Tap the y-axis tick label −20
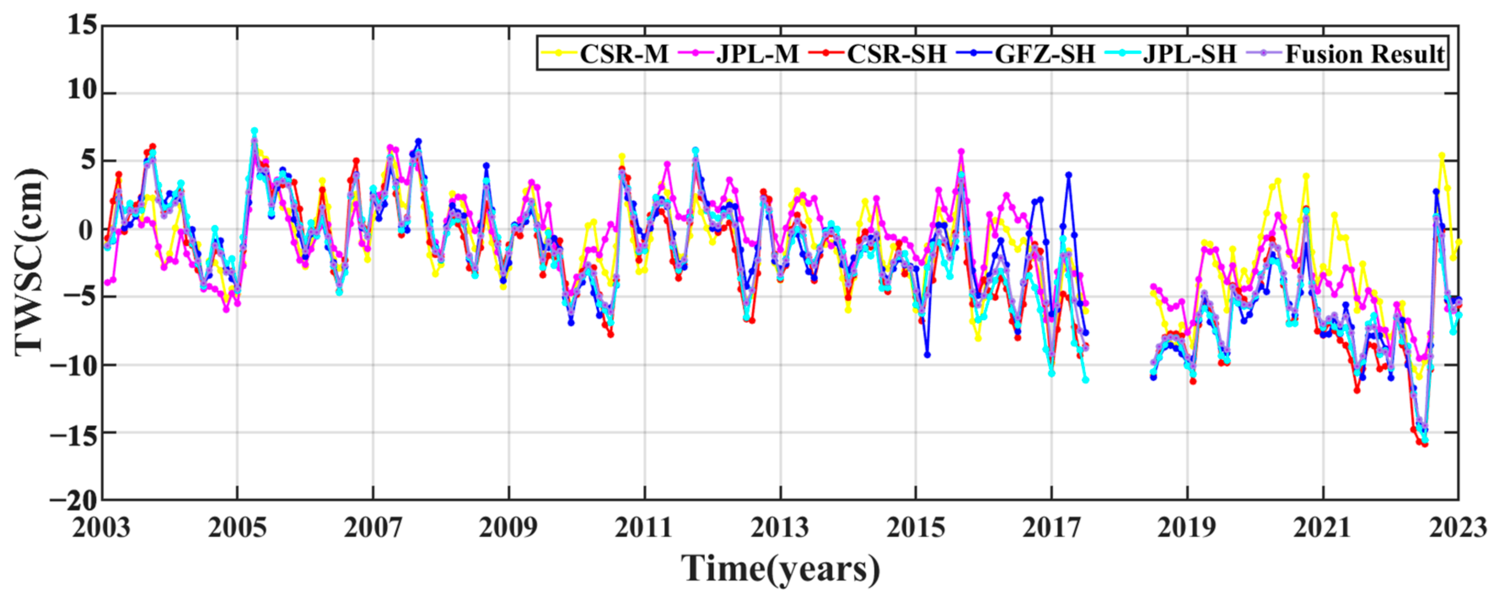click(x=73, y=500)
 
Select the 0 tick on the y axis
click(x=86, y=230)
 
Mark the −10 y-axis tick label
click(x=73, y=365)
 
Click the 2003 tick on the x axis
click(x=102, y=528)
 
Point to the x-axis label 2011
click(x=644, y=528)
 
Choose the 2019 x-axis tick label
click(x=1187, y=528)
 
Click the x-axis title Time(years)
click(x=780, y=569)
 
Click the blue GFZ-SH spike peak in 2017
click(x=1068, y=174)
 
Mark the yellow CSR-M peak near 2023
click(x=1442, y=155)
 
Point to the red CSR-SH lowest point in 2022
click(x=1425, y=444)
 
